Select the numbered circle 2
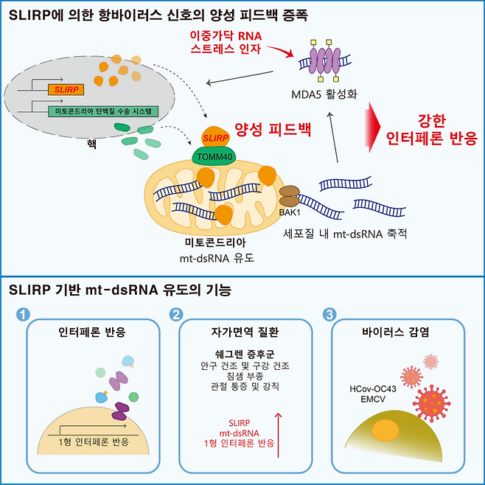pyautogui.click(x=176, y=314)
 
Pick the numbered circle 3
pyautogui.click(x=329, y=314)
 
